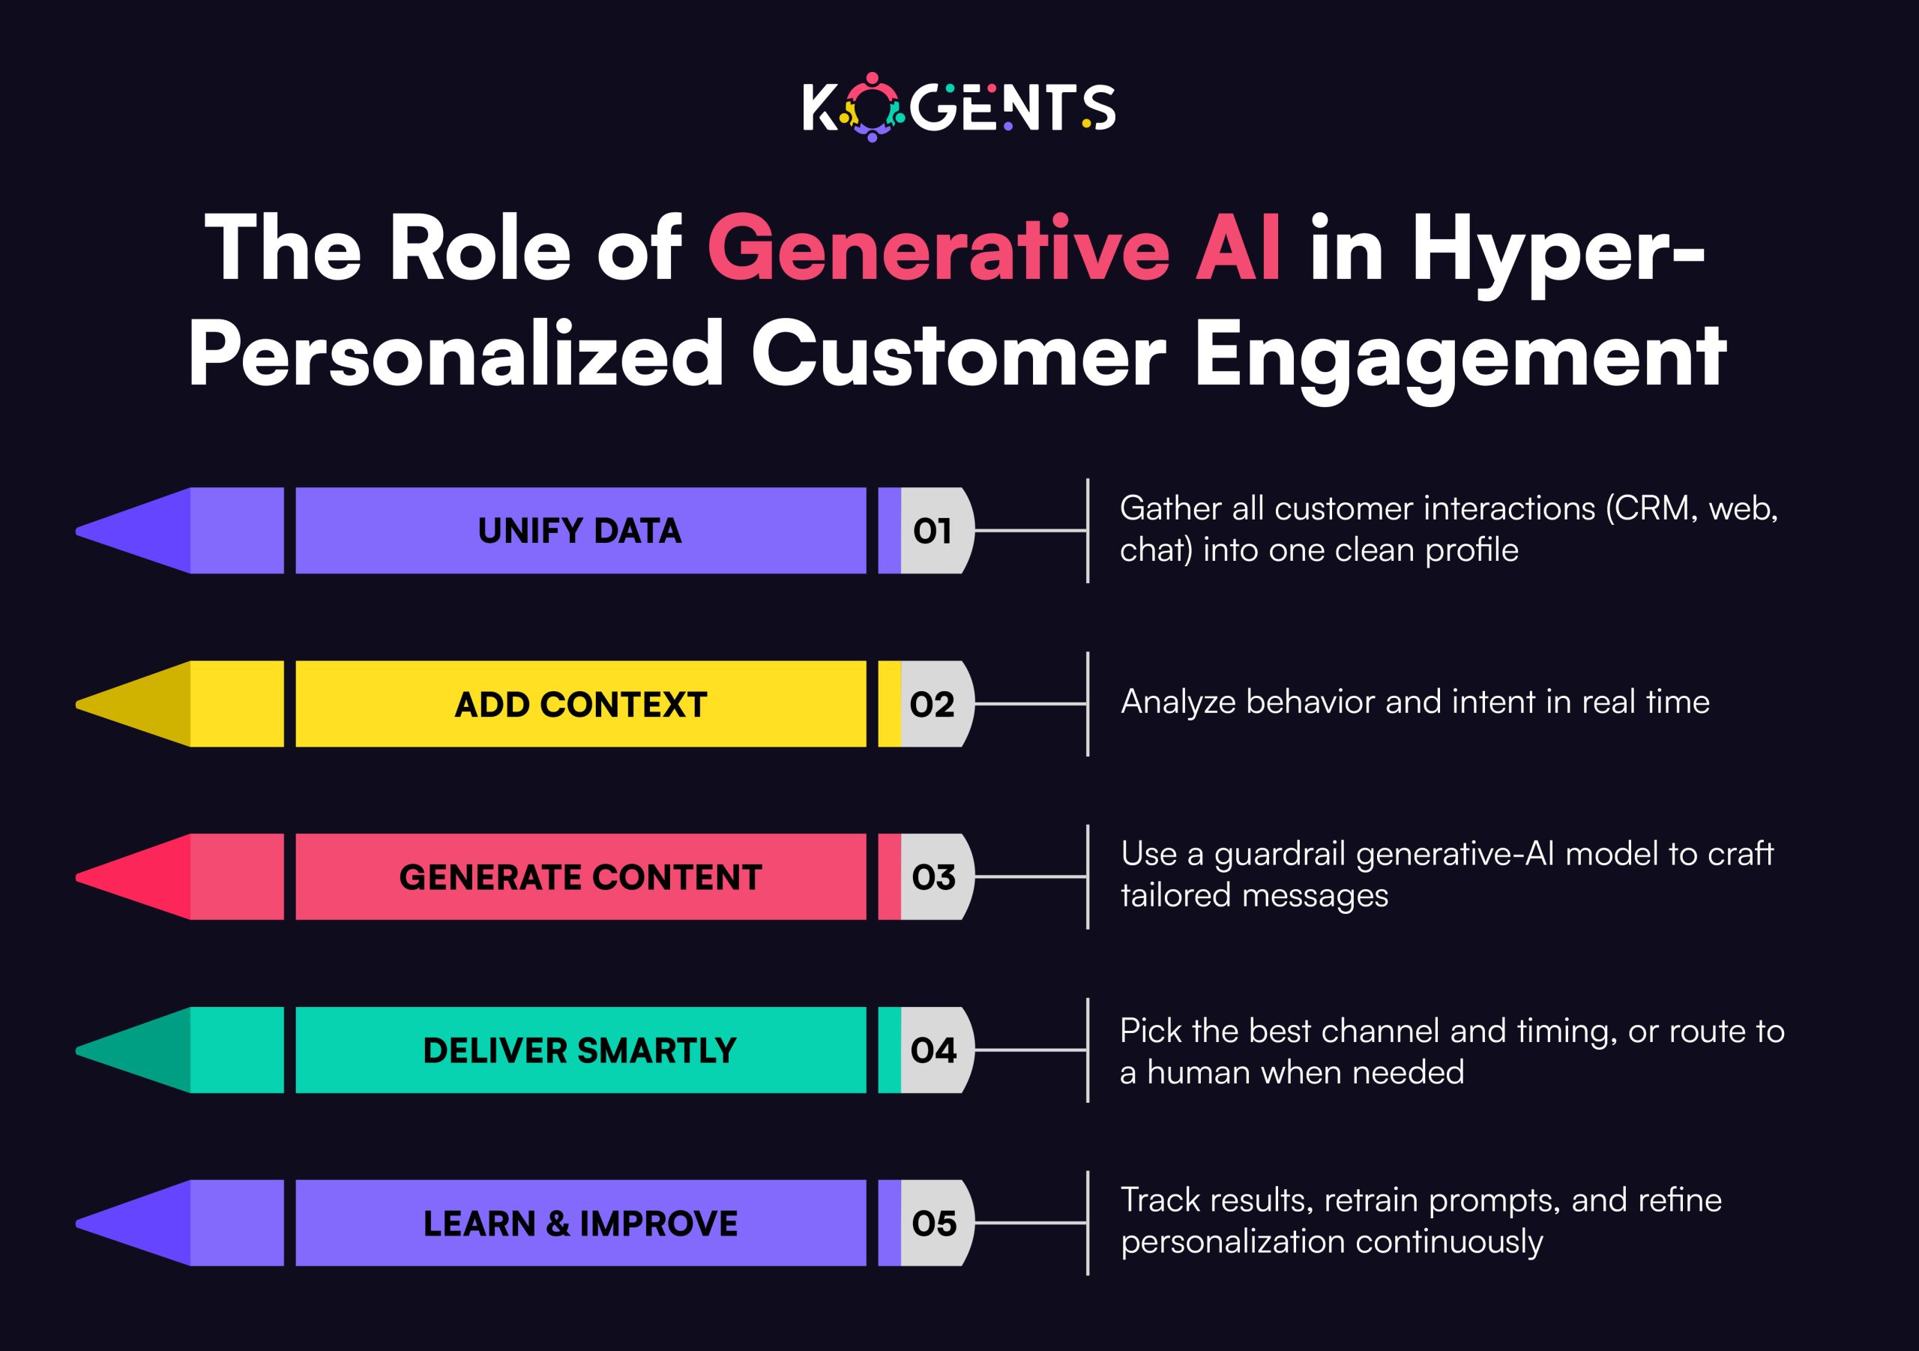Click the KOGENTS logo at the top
tap(959, 108)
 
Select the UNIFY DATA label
tap(580, 531)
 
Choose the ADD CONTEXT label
tap(580, 705)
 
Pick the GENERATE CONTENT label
tap(580, 878)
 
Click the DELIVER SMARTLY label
tap(580, 1051)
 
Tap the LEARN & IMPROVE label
tap(580, 1224)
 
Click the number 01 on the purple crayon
tap(933, 531)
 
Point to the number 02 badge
tap(933, 705)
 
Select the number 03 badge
tap(933, 878)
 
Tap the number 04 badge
tap(933, 1051)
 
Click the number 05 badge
tap(933, 1224)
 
